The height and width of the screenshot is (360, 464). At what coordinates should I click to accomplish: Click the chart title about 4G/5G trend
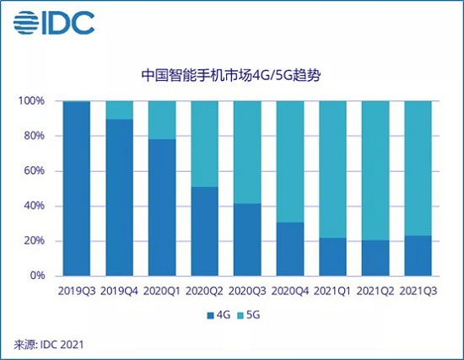pyautogui.click(x=231, y=76)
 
